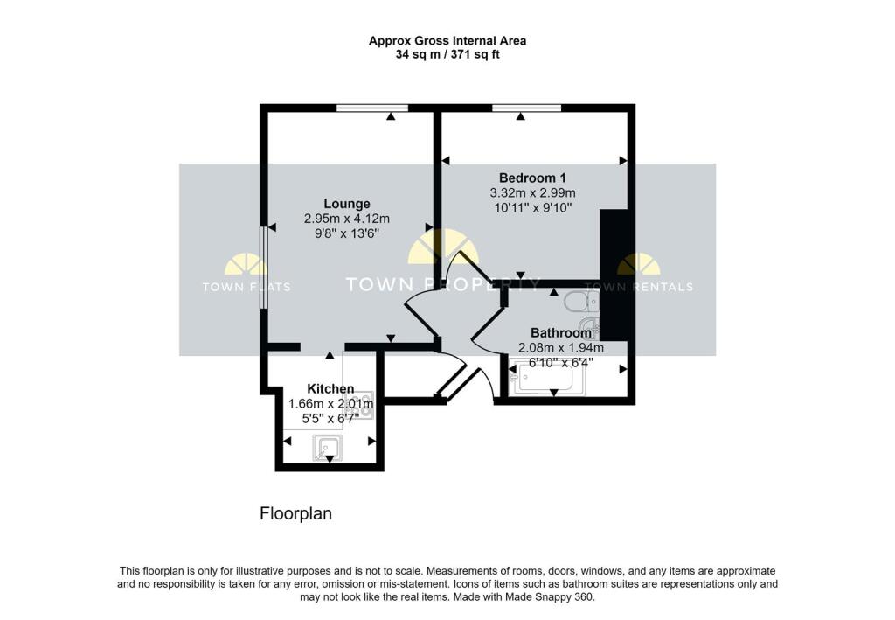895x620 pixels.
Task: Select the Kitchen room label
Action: point(330,388)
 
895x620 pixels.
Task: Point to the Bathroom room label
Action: point(561,333)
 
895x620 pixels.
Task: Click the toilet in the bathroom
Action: point(579,303)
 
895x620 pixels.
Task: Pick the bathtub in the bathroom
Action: point(543,380)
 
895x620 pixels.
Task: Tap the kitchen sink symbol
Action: point(328,449)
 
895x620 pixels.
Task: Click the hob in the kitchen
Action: point(362,405)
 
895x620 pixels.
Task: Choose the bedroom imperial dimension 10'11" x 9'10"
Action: point(532,208)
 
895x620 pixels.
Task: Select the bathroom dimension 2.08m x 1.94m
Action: point(561,347)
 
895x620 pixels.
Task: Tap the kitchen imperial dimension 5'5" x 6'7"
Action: point(330,418)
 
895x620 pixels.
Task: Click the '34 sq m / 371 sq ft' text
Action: point(447,54)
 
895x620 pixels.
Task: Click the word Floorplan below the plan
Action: point(296,514)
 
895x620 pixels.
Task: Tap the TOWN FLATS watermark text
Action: point(246,287)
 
